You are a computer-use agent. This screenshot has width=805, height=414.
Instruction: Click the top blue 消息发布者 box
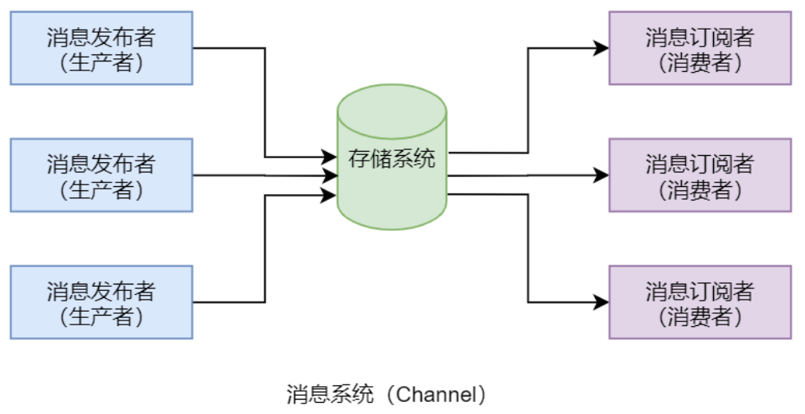coord(101,48)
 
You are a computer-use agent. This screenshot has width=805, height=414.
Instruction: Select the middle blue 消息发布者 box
coord(101,175)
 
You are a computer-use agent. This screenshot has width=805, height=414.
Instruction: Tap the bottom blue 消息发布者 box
coord(101,302)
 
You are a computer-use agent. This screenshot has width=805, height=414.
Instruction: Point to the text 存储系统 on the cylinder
coord(391,158)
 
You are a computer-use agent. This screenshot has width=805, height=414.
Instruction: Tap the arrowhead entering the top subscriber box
coord(601,48)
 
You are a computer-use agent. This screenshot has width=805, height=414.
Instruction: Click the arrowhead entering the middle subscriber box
coord(601,175)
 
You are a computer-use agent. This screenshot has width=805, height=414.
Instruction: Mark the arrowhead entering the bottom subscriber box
coord(601,302)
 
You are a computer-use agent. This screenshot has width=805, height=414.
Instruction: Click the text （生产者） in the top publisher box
coord(101,62)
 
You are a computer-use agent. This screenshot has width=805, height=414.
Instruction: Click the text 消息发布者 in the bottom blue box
coord(101,290)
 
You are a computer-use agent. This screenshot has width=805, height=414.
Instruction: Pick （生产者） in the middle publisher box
coord(101,189)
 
